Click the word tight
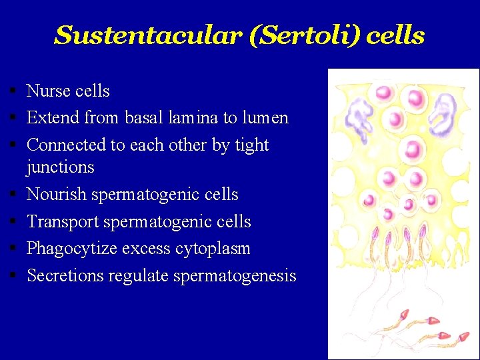[248, 145]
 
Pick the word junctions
[60, 167]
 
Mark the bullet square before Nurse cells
[13, 91]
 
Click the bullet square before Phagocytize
[13, 249]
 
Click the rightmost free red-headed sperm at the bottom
[463, 337]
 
